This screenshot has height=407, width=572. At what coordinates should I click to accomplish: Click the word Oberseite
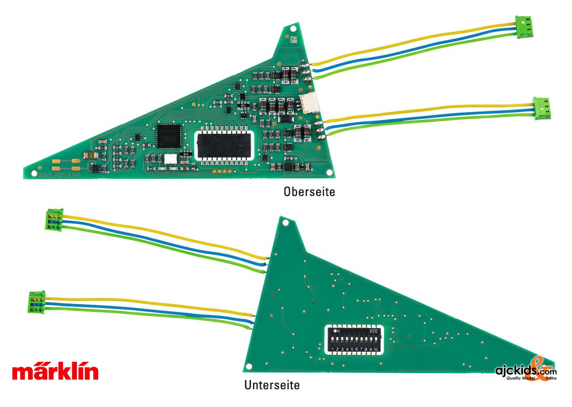[309, 192]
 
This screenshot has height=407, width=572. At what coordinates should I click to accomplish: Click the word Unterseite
[272, 385]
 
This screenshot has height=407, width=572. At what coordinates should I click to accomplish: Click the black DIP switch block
[356, 340]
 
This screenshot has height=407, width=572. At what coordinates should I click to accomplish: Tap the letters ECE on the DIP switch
[374, 330]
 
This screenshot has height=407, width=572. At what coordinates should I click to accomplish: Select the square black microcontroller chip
[169, 134]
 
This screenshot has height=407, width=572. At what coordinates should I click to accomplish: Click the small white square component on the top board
[170, 159]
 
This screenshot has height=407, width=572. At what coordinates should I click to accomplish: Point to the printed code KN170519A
[61, 175]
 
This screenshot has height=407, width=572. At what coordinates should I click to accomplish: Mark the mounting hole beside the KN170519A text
[33, 174]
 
